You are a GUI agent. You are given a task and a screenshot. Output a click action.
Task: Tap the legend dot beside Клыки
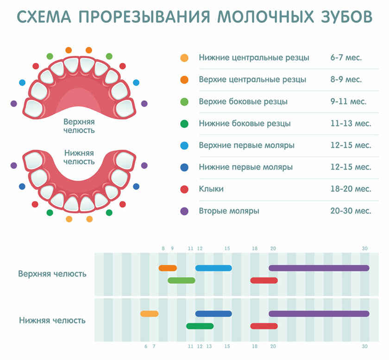click(184, 189)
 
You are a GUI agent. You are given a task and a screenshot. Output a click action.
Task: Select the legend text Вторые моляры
click(229, 211)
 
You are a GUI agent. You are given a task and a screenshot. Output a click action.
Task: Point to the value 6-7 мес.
click(346, 57)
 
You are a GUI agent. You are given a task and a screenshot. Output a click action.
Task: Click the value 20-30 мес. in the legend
click(351, 211)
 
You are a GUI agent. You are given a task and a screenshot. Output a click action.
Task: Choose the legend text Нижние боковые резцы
click(245, 123)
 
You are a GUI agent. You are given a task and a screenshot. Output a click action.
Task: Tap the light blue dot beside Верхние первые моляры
click(184, 145)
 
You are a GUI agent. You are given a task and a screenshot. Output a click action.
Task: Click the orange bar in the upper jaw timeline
click(168, 268)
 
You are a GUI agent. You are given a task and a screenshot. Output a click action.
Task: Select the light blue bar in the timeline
click(213, 268)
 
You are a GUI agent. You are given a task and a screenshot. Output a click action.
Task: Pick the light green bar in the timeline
click(182, 281)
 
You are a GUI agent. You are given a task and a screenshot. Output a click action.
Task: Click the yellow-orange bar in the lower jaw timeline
click(149, 314)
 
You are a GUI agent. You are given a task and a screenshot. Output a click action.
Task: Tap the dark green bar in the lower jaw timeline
click(200, 326)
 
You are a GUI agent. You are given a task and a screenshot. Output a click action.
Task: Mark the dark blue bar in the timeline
click(213, 314)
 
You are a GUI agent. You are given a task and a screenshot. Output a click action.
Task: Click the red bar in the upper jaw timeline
click(264, 281)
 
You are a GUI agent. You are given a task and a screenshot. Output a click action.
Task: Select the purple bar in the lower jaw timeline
click(319, 314)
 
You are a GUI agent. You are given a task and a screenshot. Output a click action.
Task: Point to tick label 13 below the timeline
click(209, 347)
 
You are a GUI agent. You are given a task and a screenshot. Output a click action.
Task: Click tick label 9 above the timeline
click(172, 248)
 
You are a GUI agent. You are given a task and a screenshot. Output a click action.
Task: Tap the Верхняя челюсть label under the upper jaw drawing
click(79, 126)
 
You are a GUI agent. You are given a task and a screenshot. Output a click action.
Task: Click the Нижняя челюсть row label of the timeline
click(52, 320)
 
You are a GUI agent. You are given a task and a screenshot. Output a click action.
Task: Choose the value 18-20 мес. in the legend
click(351, 189)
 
